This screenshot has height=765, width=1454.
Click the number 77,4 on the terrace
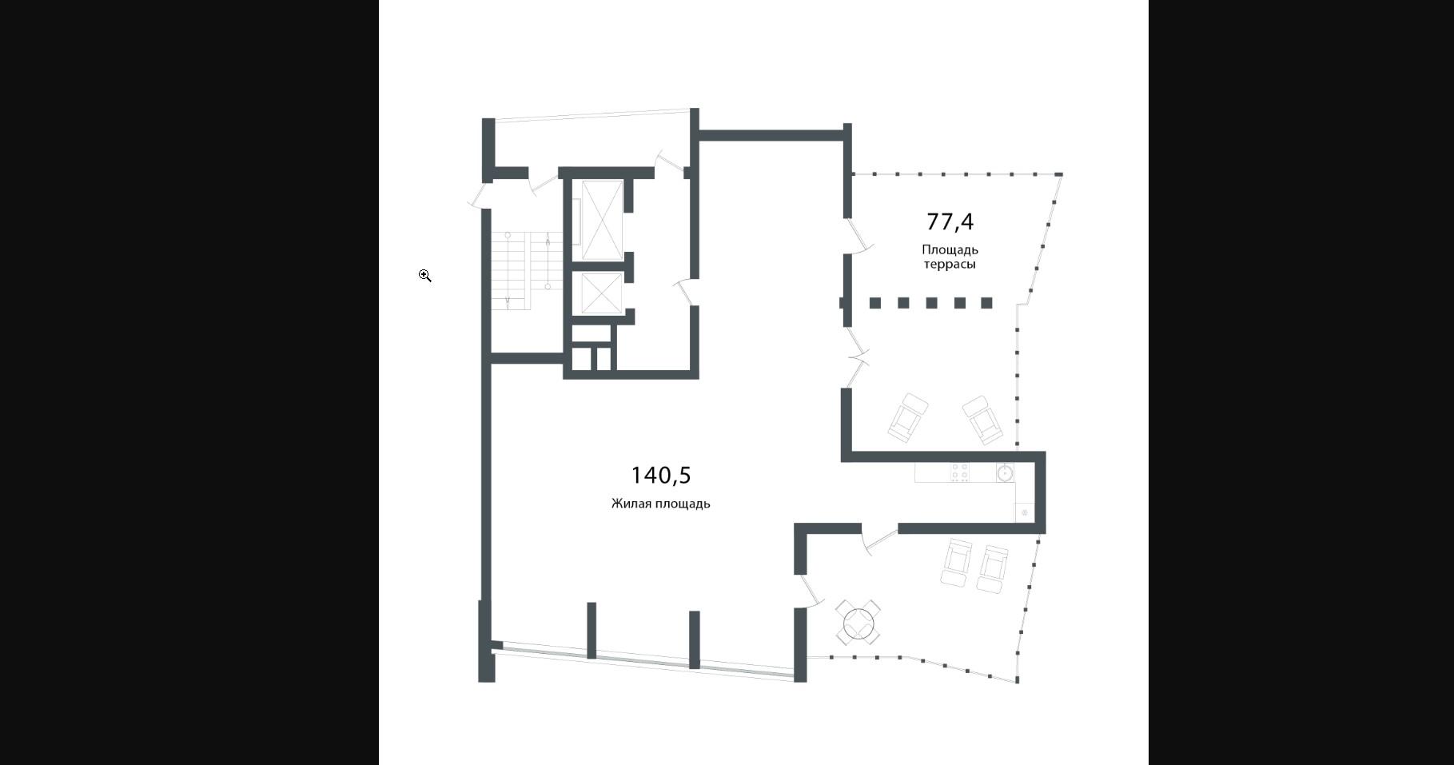(950, 221)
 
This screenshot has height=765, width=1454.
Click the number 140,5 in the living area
(660, 476)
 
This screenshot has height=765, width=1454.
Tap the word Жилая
(631, 504)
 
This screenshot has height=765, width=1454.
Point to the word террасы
(950, 265)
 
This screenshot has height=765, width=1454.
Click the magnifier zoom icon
(425, 276)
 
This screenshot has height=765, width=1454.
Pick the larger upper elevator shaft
(602, 220)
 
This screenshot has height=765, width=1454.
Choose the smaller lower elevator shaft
(602, 293)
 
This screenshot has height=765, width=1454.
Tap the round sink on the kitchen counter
(1005, 473)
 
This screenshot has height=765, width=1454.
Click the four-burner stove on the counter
(960, 472)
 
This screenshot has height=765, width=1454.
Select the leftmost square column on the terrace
(875, 303)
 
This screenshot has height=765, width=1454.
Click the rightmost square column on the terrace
(986, 303)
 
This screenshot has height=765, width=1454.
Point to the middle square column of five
(931, 303)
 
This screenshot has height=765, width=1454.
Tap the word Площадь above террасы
(950, 250)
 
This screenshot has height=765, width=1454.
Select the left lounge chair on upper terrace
(907, 417)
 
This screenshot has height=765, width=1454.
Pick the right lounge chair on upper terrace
(982, 420)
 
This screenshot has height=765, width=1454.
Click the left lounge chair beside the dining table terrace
(957, 563)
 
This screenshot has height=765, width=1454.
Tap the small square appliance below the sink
(1025, 512)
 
